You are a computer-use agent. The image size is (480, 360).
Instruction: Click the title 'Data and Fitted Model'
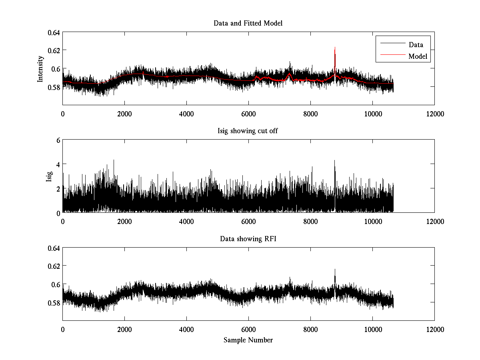[x=248, y=23]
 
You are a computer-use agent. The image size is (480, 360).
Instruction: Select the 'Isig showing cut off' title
[x=248, y=131]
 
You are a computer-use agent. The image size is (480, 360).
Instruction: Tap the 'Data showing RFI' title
[x=248, y=239]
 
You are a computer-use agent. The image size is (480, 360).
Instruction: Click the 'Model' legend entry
[x=418, y=56]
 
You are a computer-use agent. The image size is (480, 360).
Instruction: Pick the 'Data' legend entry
[x=416, y=45]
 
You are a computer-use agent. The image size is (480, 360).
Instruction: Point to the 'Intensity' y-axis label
[x=40, y=68]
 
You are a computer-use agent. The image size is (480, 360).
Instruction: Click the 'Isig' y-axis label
[x=49, y=176]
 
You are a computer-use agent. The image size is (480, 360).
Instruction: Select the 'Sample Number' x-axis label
[x=248, y=340]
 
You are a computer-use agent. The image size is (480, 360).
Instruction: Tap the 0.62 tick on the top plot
[x=54, y=50]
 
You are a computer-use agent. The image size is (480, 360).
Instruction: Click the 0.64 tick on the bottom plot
[x=54, y=248]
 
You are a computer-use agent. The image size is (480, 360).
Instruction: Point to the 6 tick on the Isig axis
[x=58, y=140]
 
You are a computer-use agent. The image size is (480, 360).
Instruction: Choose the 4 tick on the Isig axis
[x=58, y=164]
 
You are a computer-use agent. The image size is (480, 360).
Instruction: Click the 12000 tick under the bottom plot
[x=434, y=329]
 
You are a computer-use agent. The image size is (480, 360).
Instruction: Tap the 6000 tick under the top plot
[x=248, y=114]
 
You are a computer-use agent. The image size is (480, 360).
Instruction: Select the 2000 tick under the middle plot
[x=124, y=221]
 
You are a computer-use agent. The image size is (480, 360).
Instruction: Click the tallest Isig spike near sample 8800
[x=334, y=161]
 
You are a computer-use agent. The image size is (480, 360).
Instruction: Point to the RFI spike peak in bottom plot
[x=335, y=270]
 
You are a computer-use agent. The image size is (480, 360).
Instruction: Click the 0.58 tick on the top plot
[x=54, y=87]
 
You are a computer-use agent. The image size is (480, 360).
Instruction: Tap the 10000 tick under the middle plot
[x=372, y=221]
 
